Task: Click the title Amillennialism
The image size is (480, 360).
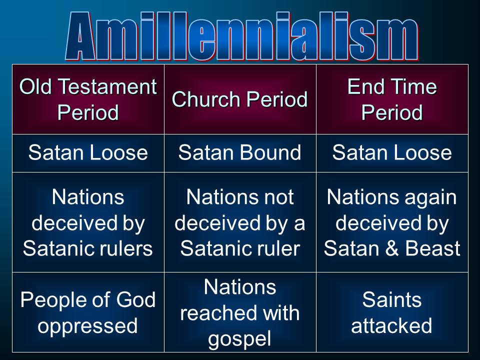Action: click(242, 36)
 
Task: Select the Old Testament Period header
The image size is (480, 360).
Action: click(88, 99)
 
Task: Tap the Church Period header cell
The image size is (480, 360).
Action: click(240, 99)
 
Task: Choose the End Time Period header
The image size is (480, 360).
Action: click(392, 99)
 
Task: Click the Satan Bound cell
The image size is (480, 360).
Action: click(240, 152)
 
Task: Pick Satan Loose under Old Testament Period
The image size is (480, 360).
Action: click(88, 152)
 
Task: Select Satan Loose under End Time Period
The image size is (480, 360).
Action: click(392, 152)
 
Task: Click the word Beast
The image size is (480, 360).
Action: click(433, 248)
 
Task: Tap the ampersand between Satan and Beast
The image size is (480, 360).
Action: click(391, 248)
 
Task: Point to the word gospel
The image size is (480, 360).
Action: click(239, 339)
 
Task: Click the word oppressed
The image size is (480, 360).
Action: click(87, 326)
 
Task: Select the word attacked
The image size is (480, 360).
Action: click(391, 325)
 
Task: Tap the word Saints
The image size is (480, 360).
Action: click(392, 299)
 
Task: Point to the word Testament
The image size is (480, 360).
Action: click(107, 86)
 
